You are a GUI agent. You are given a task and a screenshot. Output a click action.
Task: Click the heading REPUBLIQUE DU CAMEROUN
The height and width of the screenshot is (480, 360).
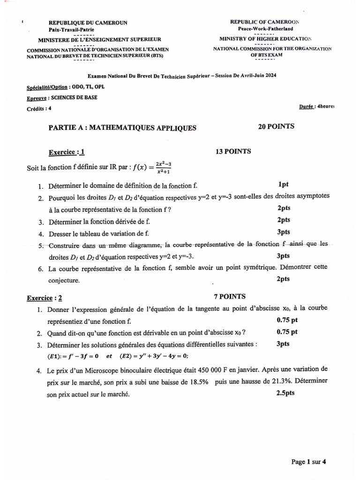[88, 22]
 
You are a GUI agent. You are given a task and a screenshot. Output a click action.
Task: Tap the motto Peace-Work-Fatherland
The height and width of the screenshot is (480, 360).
[264, 29]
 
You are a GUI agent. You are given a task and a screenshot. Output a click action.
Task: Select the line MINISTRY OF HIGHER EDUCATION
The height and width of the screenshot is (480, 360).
[265, 39]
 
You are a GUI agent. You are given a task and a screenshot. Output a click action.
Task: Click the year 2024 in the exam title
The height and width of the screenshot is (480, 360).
[270, 76]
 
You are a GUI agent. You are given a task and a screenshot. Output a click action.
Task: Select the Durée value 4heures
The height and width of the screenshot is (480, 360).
[326, 106]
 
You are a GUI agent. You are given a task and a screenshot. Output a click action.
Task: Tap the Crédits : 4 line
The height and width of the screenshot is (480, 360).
[39, 109]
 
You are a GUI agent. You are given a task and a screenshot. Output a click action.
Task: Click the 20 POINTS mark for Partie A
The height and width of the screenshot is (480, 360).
[276, 127]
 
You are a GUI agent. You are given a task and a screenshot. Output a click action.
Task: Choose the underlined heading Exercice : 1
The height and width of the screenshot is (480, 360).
[67, 152]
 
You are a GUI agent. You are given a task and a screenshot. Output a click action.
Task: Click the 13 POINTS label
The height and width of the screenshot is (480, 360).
[233, 151]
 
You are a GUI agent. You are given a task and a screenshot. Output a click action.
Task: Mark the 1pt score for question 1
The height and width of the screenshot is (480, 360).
[283, 185]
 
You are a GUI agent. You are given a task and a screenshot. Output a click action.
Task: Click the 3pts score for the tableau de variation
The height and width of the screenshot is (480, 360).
[284, 232]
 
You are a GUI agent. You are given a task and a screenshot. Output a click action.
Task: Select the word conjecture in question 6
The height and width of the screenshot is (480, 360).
[64, 281]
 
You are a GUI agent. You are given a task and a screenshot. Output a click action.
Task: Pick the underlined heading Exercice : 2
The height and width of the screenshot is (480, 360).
[45, 298]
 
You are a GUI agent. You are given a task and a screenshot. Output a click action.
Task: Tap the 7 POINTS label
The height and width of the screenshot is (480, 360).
[230, 296]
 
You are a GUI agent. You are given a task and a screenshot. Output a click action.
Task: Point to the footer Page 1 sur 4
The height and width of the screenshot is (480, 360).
[308, 462]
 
